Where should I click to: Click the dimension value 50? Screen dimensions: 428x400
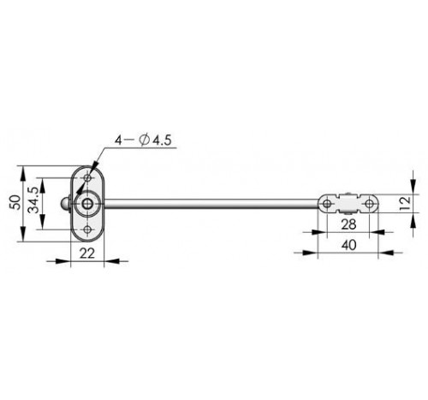(16, 202)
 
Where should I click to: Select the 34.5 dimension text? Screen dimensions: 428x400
(34, 200)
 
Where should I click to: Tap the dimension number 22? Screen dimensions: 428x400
(87, 254)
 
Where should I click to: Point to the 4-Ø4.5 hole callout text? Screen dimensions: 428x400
(143, 140)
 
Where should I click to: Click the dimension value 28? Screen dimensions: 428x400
(348, 224)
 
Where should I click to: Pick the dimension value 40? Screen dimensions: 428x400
(348, 245)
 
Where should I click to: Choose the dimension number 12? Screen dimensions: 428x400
(405, 203)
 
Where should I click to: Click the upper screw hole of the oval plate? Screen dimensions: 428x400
(88, 178)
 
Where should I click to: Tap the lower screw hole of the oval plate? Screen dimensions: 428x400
(88, 230)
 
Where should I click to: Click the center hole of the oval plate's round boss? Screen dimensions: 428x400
(87, 204)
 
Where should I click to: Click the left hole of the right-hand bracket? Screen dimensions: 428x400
(327, 204)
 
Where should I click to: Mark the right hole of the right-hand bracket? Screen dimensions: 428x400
(369, 204)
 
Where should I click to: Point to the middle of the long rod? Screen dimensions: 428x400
(211, 204)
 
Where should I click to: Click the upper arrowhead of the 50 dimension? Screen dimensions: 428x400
(23, 173)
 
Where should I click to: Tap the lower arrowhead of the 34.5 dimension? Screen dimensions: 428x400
(42, 222)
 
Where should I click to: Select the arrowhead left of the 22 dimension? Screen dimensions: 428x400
(62, 261)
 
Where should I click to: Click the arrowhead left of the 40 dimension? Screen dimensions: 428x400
(310, 253)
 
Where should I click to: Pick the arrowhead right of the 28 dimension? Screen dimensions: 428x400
(377, 232)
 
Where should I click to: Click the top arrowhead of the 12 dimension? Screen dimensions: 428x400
(413, 187)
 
